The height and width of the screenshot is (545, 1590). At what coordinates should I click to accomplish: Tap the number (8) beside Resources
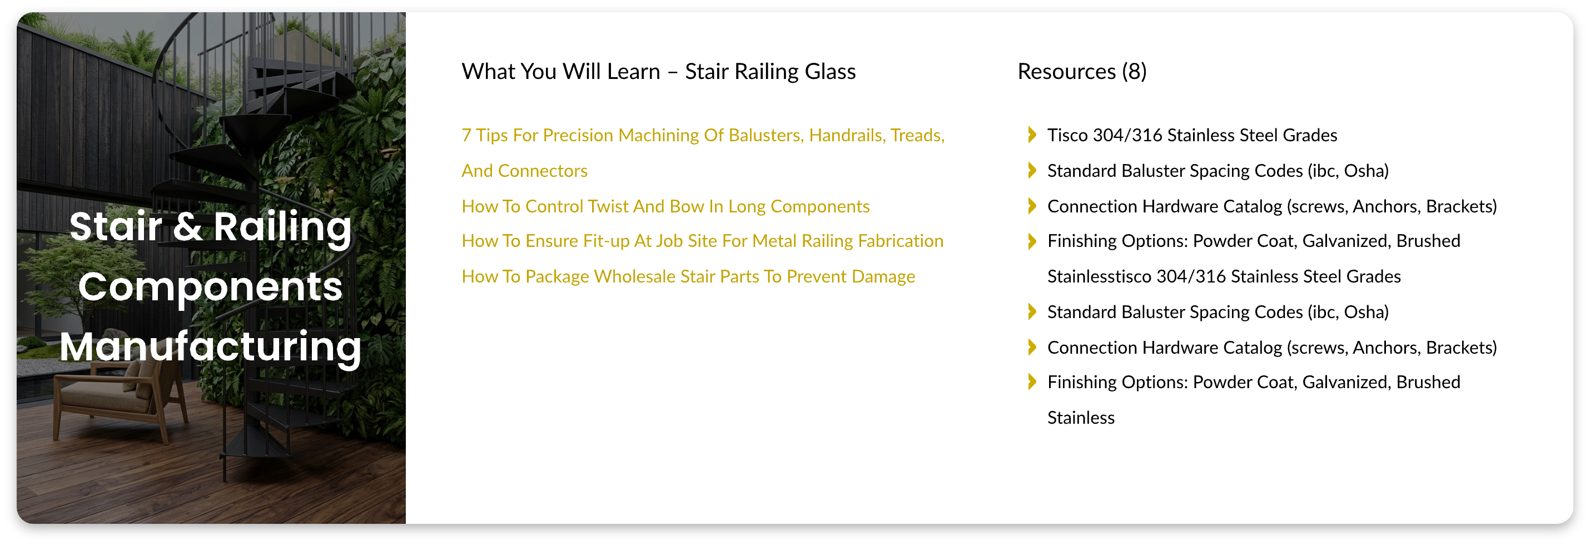(x=1134, y=72)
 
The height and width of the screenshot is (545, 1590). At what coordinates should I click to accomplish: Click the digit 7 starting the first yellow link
(x=466, y=135)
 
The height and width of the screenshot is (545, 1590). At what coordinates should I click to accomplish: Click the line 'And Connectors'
(x=525, y=170)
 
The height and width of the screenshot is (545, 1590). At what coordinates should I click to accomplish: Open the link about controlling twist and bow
(x=665, y=206)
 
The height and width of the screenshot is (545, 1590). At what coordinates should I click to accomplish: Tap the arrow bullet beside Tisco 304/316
(x=1032, y=135)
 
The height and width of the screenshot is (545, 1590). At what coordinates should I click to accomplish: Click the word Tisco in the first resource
(x=1067, y=135)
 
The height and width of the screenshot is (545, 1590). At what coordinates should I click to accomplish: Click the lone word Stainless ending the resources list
(x=1081, y=418)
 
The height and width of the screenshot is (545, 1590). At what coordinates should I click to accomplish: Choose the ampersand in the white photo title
(x=188, y=226)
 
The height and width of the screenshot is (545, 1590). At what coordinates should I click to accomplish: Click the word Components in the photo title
(x=211, y=287)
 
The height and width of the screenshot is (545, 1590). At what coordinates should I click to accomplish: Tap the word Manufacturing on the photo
(x=211, y=347)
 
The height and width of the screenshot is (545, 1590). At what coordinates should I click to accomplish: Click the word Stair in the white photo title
(x=116, y=226)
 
